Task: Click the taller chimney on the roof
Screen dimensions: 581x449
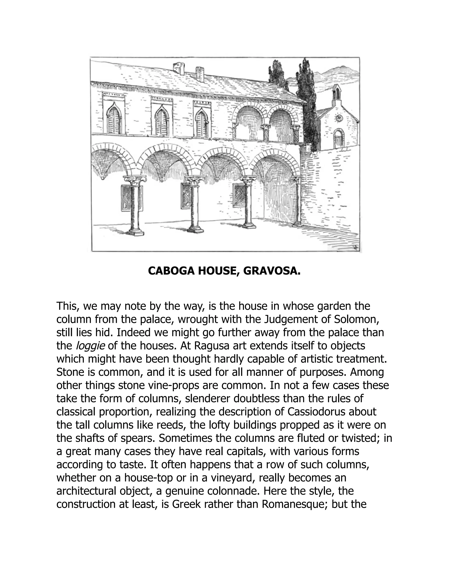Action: click(179, 69)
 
